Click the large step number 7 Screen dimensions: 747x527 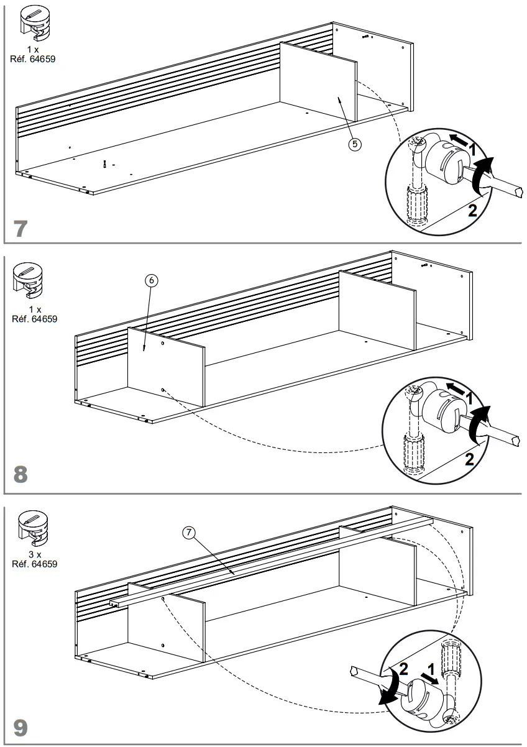[21, 228]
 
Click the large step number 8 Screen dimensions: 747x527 [21, 475]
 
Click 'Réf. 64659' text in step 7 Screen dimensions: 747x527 [35, 60]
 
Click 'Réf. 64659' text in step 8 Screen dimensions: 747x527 [35, 319]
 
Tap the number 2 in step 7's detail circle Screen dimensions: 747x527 [472, 209]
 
